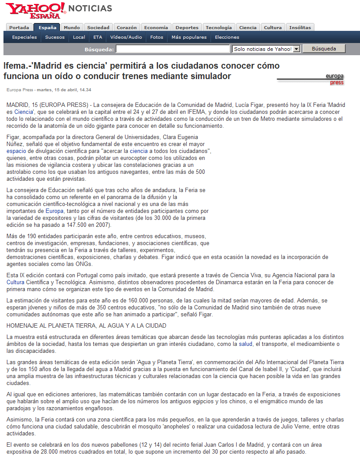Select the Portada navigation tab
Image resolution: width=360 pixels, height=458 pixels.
19,27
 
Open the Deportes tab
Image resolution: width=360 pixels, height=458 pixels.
187,27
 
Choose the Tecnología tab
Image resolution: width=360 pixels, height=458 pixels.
219,27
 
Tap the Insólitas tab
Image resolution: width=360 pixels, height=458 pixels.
300,27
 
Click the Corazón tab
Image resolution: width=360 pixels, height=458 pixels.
127,27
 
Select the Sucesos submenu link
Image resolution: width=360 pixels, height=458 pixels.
55,37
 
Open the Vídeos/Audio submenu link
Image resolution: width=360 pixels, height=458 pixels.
126,37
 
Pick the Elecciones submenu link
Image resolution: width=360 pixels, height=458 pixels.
227,37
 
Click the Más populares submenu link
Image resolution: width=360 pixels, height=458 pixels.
189,37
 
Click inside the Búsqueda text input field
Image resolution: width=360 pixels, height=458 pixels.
172,49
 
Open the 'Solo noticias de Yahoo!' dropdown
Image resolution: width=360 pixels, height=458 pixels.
266,49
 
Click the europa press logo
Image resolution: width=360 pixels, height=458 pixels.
334,79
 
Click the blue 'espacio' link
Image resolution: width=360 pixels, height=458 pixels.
16,151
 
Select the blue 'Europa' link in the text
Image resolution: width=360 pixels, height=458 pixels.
54,211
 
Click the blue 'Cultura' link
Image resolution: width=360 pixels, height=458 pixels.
16,282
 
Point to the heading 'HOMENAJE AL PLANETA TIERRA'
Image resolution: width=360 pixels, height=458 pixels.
86,325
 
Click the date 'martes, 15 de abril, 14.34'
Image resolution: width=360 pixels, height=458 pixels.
64,90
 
